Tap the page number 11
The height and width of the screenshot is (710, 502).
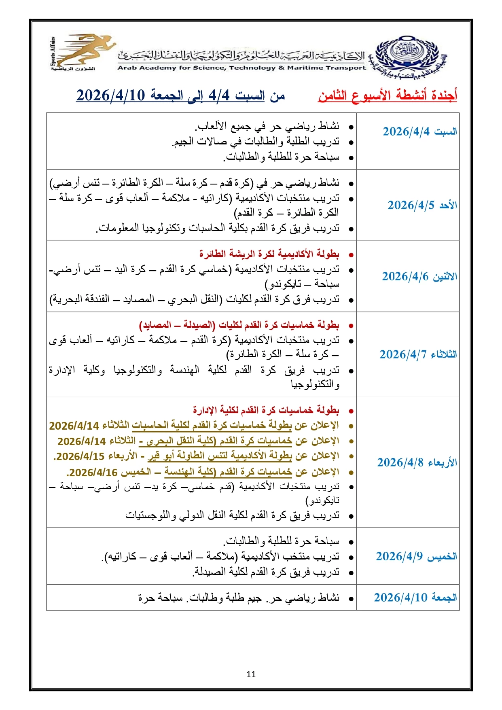coord(251,674)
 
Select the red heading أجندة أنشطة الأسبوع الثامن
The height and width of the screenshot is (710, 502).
coord(388,95)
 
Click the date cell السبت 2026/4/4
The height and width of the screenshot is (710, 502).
coord(419,131)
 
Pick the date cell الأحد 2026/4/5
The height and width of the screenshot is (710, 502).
coord(422,205)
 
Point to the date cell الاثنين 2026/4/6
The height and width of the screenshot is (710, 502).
coord(419,276)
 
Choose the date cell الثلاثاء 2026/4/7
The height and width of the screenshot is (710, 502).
coord(418,354)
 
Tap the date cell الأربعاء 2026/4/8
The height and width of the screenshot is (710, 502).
coord(417,462)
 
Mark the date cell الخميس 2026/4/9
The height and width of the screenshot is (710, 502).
coord(416,556)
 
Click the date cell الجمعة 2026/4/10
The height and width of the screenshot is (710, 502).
coord(415,598)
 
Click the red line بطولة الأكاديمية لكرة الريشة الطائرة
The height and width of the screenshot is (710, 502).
coord(269,254)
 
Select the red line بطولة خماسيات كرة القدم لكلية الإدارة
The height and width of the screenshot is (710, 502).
coord(266,410)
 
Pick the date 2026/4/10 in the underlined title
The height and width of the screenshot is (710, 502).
coord(110,95)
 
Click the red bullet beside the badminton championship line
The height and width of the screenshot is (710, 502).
coord(351,255)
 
